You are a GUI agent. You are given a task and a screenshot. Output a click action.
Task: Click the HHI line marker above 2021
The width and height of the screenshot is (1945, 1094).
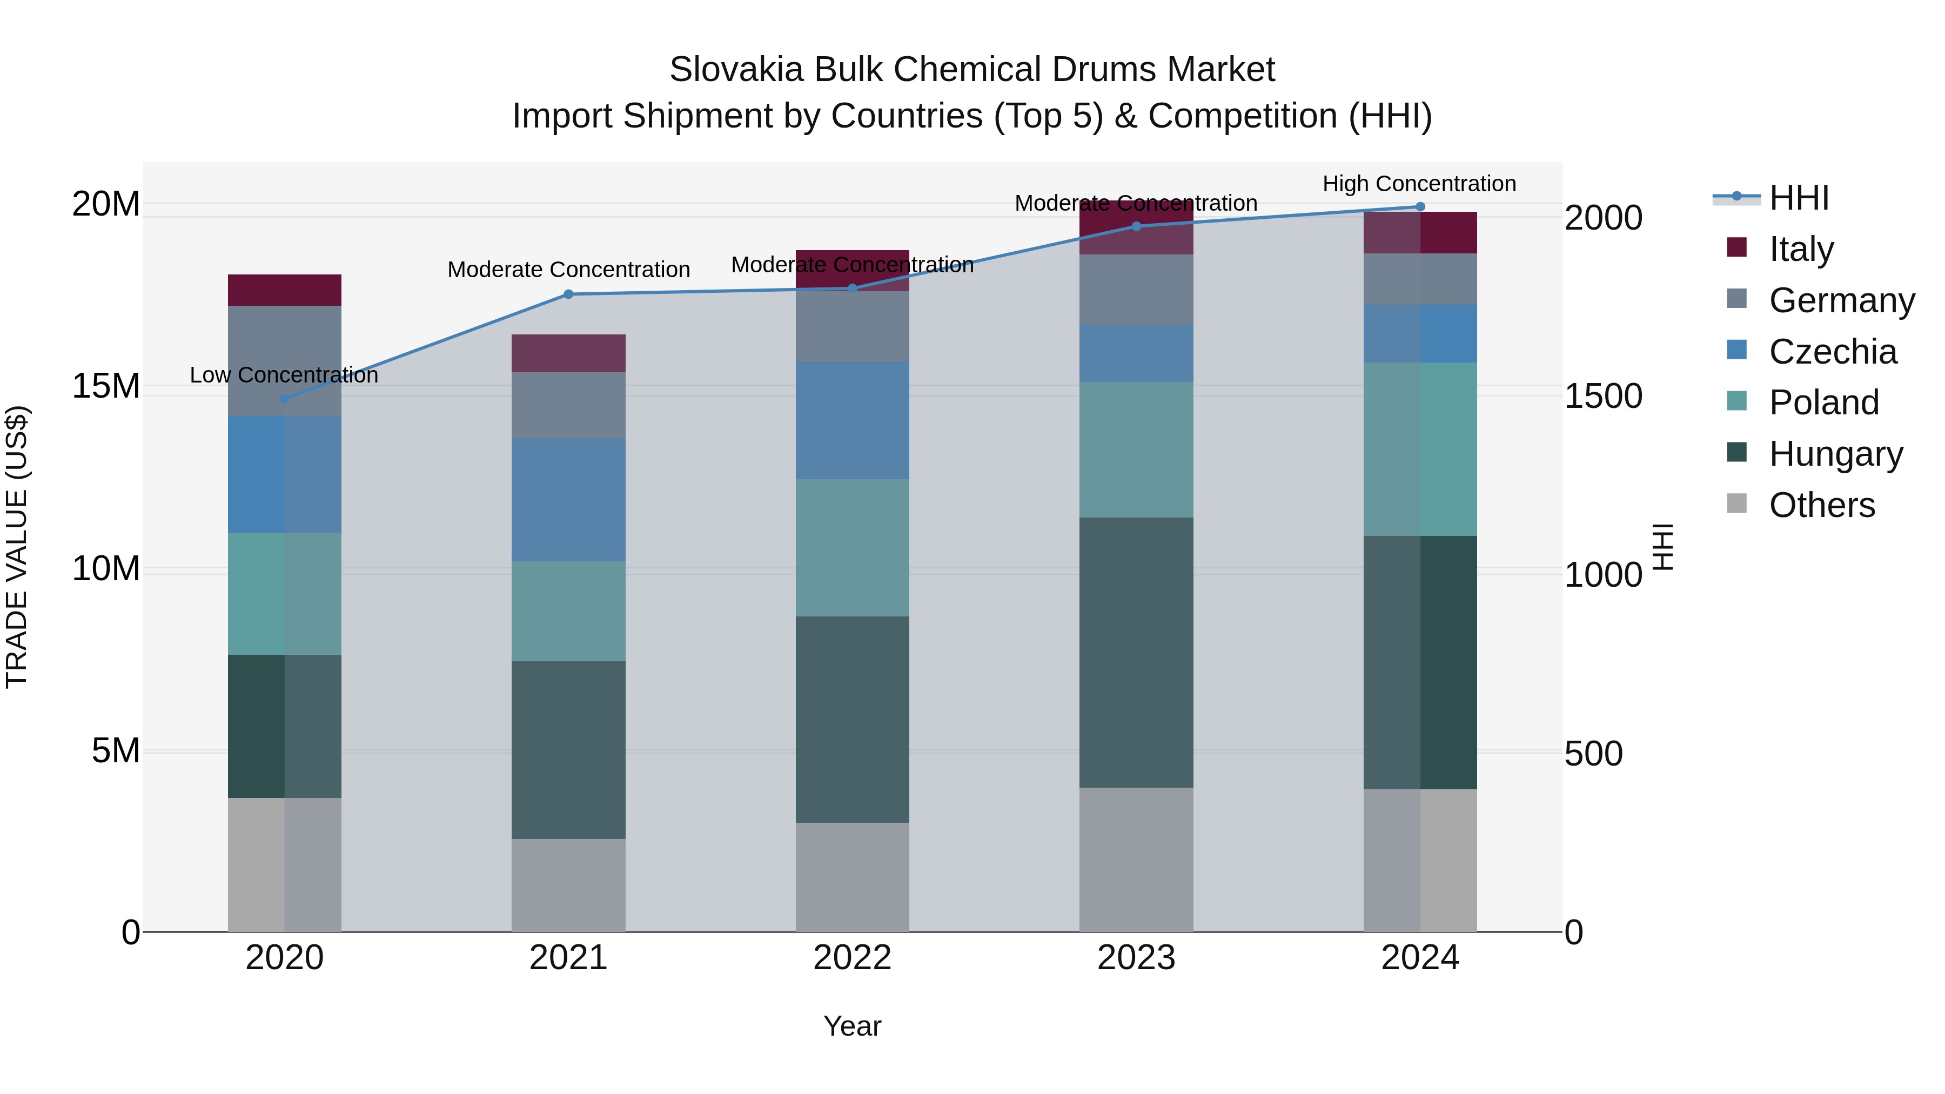tap(568, 294)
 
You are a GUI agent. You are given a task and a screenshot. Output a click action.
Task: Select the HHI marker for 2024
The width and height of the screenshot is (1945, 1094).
tap(1419, 207)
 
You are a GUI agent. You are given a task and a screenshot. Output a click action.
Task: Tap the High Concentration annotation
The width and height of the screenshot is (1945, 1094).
tap(1419, 184)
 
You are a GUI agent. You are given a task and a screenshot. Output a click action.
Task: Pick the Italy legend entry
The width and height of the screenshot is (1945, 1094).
tap(1801, 249)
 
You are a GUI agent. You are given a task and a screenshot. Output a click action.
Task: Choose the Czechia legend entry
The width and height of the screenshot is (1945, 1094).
tap(1833, 351)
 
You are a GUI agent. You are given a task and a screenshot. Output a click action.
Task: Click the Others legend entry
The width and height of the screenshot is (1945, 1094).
tap(1821, 505)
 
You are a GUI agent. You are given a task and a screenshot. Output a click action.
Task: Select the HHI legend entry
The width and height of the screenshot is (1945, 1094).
tap(1799, 198)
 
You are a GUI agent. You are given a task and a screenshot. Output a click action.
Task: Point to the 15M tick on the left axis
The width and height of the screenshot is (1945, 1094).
tap(106, 386)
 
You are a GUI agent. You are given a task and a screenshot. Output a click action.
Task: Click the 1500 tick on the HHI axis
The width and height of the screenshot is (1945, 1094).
tap(1603, 397)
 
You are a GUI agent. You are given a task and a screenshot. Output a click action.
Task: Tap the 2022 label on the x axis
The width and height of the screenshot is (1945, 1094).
tap(851, 958)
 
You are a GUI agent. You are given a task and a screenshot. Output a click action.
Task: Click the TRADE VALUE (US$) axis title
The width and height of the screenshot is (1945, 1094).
tap(17, 547)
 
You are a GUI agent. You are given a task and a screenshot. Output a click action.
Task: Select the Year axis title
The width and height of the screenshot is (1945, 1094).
tap(851, 1026)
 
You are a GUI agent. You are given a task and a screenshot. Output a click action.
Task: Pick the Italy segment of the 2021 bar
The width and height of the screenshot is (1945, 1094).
tap(568, 353)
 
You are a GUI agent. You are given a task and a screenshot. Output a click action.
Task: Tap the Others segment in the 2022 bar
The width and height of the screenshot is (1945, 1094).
tap(851, 877)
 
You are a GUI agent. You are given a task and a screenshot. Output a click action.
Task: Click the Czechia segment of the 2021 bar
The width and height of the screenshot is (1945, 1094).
tap(568, 500)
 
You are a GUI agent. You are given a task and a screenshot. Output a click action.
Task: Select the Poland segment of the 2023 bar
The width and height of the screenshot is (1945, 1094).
tap(1136, 449)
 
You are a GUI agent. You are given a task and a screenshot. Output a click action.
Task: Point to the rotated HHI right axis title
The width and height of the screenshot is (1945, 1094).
tap(1664, 547)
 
